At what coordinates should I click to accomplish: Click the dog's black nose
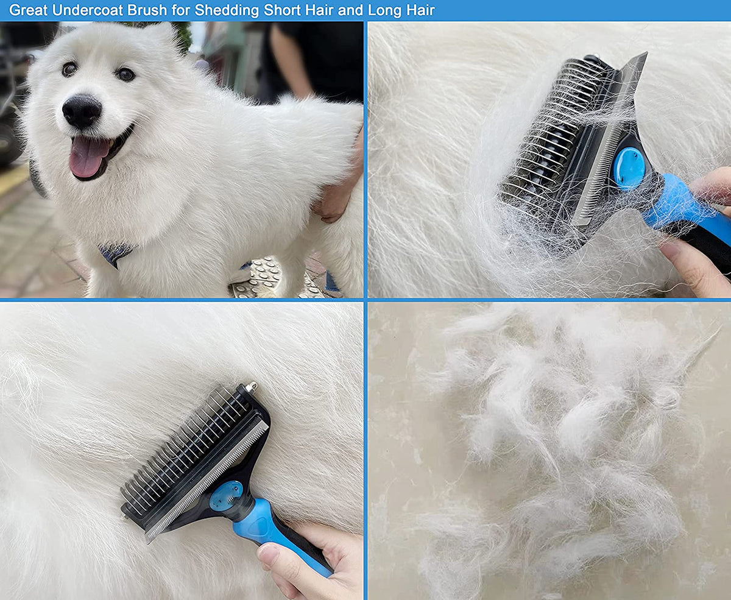click(x=82, y=111)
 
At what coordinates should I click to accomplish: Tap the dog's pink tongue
click(x=88, y=157)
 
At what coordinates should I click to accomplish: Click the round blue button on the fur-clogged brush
click(x=627, y=168)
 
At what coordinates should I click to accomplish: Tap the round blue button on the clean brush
click(x=225, y=495)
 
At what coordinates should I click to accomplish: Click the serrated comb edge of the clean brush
click(x=207, y=475)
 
